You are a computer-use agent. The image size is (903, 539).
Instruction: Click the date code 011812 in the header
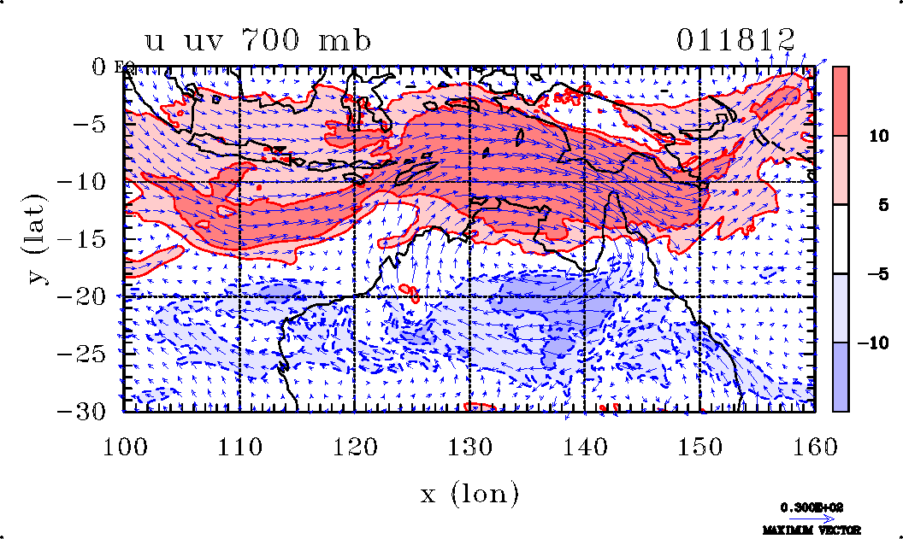(x=736, y=39)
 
